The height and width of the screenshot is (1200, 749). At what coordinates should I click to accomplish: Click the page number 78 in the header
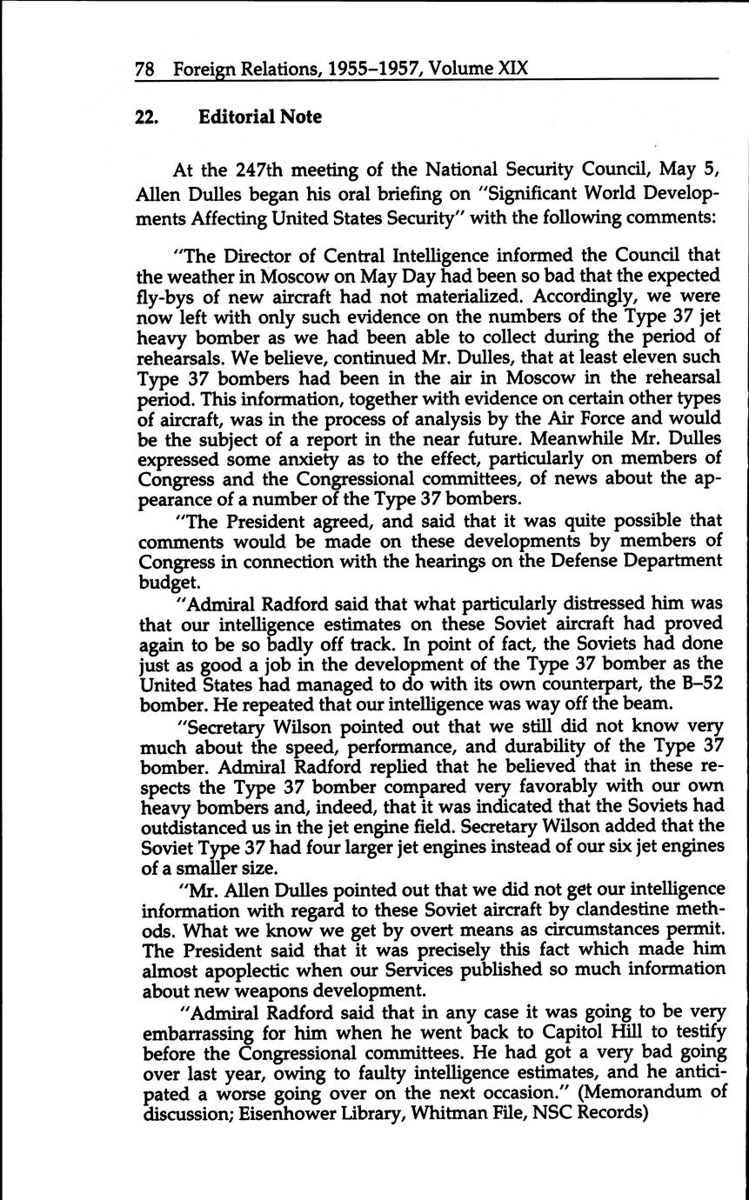[x=145, y=69]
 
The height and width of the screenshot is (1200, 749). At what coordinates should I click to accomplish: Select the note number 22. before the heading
[x=146, y=117]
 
